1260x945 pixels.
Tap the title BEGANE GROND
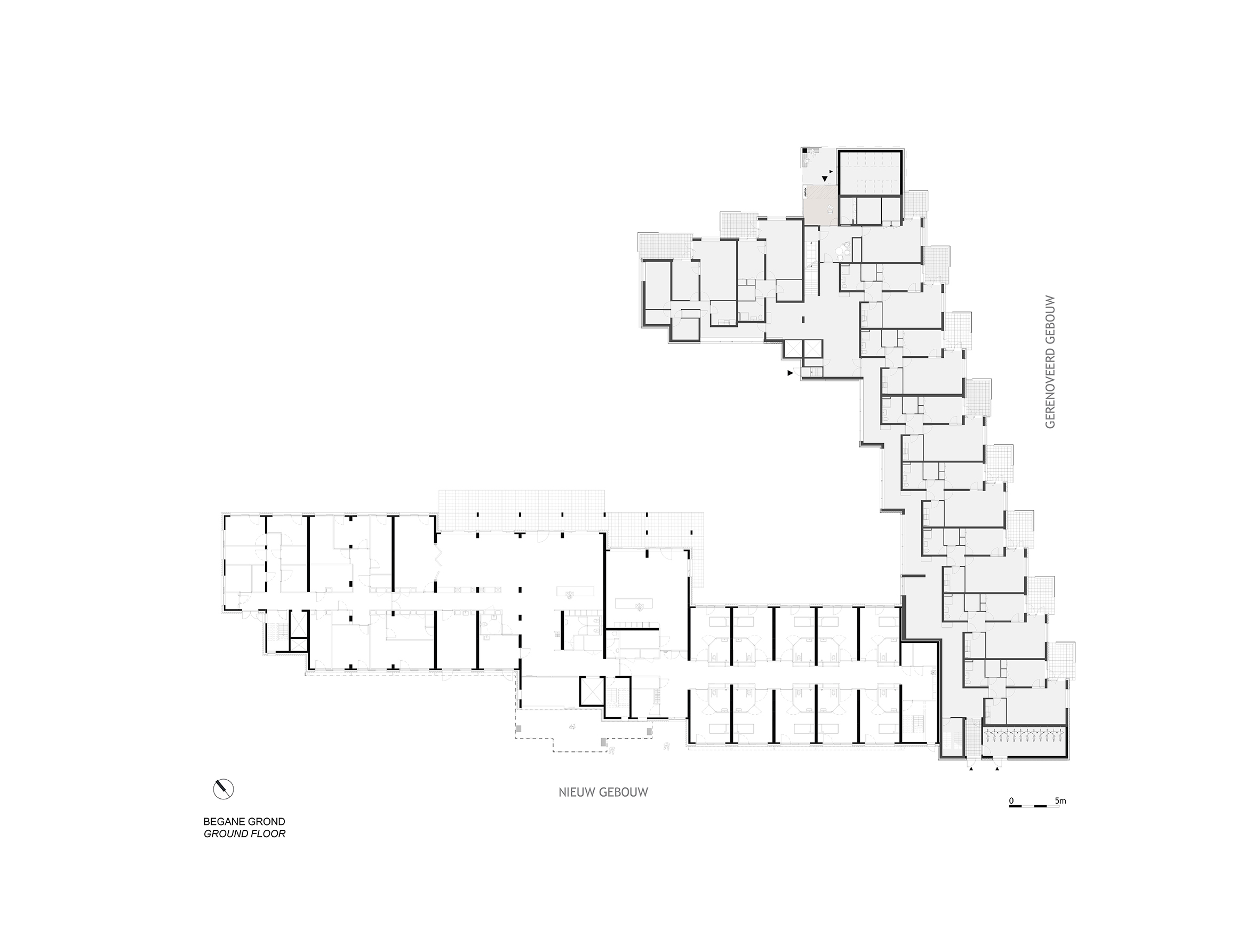(244, 822)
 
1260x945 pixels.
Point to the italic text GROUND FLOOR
(244, 834)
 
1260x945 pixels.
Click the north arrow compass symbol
(224, 789)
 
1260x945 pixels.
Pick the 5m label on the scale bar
(1060, 801)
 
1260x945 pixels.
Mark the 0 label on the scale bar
(1011, 801)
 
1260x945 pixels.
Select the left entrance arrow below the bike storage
(971, 769)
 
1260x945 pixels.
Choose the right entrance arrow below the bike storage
(997, 769)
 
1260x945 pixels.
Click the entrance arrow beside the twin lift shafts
(790, 373)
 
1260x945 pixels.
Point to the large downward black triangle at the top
(825, 179)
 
